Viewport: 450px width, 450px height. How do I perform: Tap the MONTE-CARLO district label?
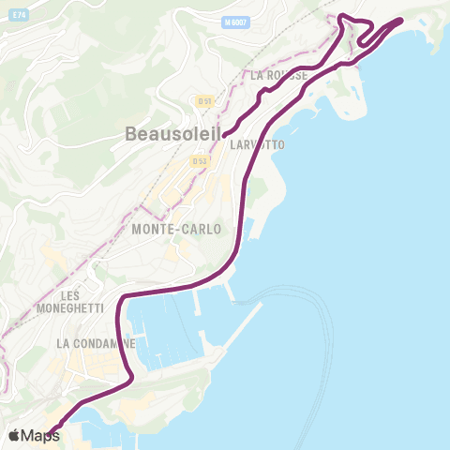pos(177,229)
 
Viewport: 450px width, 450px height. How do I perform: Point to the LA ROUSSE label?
pos(278,75)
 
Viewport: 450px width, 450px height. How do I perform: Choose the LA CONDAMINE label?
pos(96,344)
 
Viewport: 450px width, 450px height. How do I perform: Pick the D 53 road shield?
pos(200,161)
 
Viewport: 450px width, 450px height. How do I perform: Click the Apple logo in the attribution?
pos(15,435)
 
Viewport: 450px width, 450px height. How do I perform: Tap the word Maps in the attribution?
pos(40,435)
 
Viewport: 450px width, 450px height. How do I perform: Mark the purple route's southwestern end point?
pos(52,430)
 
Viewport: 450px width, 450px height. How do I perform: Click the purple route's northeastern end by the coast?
pos(401,19)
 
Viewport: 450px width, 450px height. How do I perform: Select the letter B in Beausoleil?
pos(131,135)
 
